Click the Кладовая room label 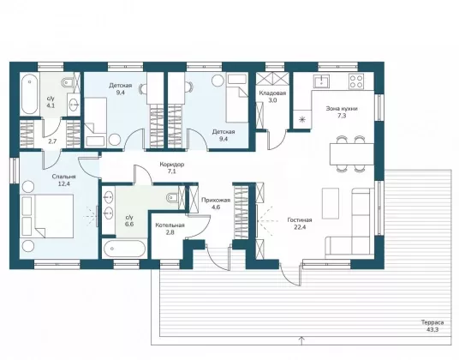[x=272, y=93]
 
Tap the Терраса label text [x=432, y=322]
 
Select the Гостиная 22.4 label [x=300, y=223]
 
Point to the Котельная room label [x=170, y=225]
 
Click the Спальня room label [x=64, y=177]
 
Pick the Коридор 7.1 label [x=172, y=168]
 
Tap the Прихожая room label [x=216, y=200]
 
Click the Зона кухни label [x=342, y=108]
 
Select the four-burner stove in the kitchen [x=356, y=81]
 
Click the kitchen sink [x=321, y=81]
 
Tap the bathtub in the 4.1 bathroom [x=30, y=94]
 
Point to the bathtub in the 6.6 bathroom [x=124, y=249]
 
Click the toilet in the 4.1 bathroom [x=69, y=82]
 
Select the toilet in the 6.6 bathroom [x=172, y=198]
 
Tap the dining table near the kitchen [x=352, y=154]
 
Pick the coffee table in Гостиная [x=331, y=203]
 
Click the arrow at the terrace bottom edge [x=301, y=341]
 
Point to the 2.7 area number [x=52, y=141]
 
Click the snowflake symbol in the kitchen [x=302, y=119]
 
